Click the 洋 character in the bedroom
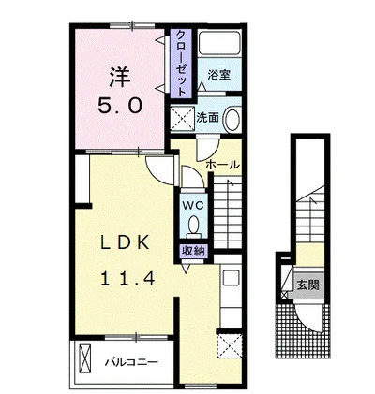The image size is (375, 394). pos(119,78)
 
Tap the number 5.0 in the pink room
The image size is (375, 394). pos(120,105)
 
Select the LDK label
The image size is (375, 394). pos(125,242)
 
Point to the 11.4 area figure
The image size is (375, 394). pos(127,278)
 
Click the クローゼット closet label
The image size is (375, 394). pos(182,63)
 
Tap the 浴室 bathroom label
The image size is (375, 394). pos(219,75)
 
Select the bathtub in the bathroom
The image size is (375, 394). pos(219,42)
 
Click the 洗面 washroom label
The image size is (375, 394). pos(207,117)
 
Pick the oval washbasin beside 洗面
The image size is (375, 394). pos(232,119)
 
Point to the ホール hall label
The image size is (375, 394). pos(223,165)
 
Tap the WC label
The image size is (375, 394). pos(193,205)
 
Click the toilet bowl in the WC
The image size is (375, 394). pos(194,224)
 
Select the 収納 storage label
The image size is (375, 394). pos(194,252)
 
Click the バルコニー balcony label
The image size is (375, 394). pos(131,362)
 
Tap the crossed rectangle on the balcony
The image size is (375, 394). pos(85,356)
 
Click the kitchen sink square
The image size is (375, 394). pos(231,277)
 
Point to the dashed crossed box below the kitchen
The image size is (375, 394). pos(231,346)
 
